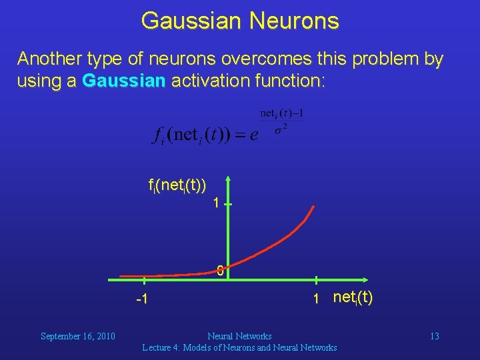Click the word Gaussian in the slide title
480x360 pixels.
tap(191, 21)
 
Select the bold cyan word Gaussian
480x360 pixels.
tap(124, 81)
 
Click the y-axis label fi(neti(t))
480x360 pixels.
tap(177, 184)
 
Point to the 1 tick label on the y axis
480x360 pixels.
tap(215, 203)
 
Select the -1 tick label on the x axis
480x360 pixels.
tap(141, 299)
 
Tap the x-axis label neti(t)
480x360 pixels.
tap(353, 297)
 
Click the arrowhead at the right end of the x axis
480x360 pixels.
tap(368, 281)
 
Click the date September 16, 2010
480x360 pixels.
tap(78, 336)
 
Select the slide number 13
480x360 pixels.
tap(434, 336)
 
